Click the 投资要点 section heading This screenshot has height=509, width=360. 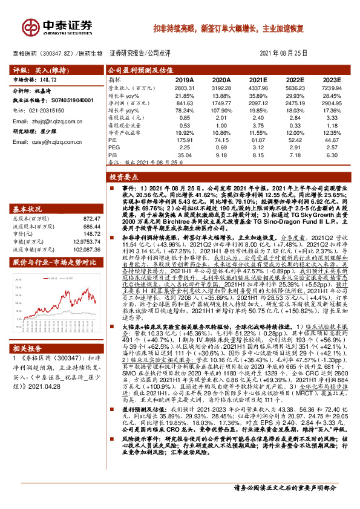(x=124, y=178)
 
